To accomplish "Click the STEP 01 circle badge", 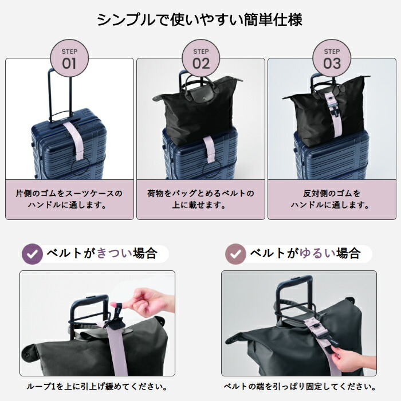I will (69, 58).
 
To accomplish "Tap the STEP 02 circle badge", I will (200, 58).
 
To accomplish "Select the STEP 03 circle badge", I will (332, 58).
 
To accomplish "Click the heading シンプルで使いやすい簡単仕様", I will (200, 19).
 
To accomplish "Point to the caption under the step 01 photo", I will (69, 199).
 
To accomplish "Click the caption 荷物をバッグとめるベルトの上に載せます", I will (200, 199).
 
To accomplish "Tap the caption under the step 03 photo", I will (332, 199).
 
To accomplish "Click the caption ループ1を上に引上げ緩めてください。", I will (97, 387).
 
